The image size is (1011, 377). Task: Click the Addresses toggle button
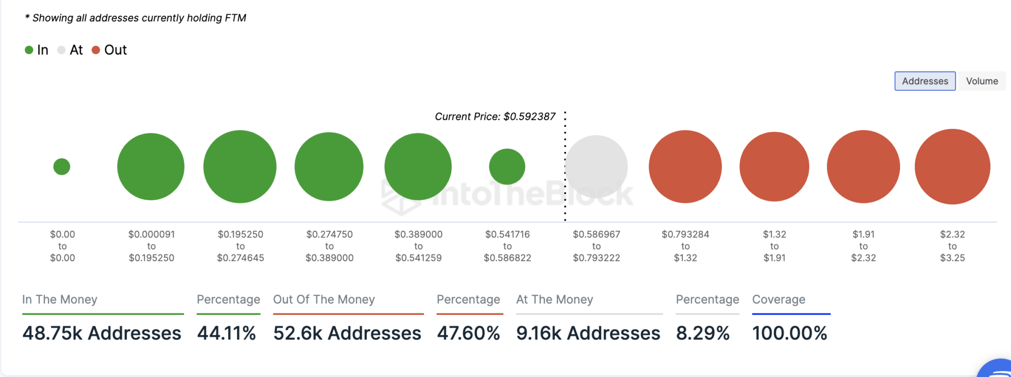pos(925,81)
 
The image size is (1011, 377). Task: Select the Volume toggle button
pos(981,81)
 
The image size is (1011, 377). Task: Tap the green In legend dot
pos(29,50)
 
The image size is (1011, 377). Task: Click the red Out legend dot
pos(96,50)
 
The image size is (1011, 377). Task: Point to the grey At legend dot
pos(61,50)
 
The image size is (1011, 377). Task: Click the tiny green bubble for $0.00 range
pos(62,167)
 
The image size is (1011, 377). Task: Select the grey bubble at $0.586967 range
pos(596,167)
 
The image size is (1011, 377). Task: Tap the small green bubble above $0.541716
pos(507,167)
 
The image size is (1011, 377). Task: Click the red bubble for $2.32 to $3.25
pos(952,167)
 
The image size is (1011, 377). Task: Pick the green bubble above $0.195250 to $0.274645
pos(240,167)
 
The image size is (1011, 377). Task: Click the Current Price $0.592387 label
pos(495,116)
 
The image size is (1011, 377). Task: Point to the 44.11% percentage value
pos(227,333)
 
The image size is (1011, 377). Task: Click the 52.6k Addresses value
pos(347,333)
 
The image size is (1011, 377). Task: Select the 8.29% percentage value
pos(702,333)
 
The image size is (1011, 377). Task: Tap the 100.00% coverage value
pos(789,333)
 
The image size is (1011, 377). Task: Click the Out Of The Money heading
pos(324,300)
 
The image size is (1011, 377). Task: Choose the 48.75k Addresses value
pos(102,333)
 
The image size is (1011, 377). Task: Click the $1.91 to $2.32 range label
pos(863,246)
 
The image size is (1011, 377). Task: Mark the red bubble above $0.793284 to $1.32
pos(685,167)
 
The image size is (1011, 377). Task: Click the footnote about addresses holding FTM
pos(136,18)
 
